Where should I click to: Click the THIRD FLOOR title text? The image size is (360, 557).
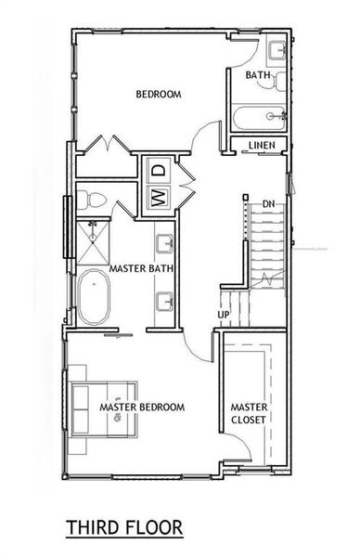(x=124, y=528)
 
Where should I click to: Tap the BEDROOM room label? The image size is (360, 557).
(x=158, y=95)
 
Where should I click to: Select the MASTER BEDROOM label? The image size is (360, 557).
(x=142, y=408)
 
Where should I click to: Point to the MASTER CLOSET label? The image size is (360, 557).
(x=250, y=413)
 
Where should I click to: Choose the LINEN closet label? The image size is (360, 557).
(x=263, y=146)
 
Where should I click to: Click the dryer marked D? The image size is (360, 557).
(x=158, y=171)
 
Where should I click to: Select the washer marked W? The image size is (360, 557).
(x=158, y=197)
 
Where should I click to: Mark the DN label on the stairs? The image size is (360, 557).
(x=268, y=202)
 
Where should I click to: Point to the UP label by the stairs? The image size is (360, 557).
(x=224, y=315)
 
